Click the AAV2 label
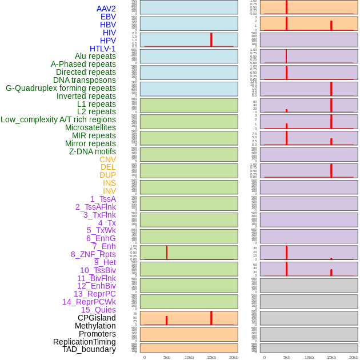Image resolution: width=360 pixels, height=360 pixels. coord(106,9)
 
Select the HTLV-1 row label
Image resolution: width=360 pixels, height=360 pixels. coord(102,49)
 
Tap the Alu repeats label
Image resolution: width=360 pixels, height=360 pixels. coord(95,56)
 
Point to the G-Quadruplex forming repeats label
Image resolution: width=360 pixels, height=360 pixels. coord(61,88)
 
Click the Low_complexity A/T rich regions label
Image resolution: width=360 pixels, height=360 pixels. coord(58,119)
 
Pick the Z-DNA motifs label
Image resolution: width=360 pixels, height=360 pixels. coord(92,151)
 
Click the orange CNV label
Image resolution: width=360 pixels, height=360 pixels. coord(107,159)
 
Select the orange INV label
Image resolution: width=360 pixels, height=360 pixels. coord(109,191)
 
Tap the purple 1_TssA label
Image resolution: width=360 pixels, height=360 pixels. coord(103,199)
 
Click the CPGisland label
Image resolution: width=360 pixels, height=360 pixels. coord(97,318)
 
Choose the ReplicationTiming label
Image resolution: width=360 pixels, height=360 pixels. coord(84,342)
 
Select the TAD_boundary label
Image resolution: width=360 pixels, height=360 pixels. coord(89,349)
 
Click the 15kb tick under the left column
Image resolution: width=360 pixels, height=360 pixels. coord(211,357)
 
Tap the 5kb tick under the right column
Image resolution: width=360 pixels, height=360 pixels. coord(286,357)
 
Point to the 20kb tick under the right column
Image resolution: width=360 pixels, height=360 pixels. coord(353,357)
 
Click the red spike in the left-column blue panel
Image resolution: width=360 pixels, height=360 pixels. coord(211,39)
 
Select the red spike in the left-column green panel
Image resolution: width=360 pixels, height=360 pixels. coord(166,253)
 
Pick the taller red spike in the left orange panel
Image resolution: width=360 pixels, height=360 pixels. coord(211,318)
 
